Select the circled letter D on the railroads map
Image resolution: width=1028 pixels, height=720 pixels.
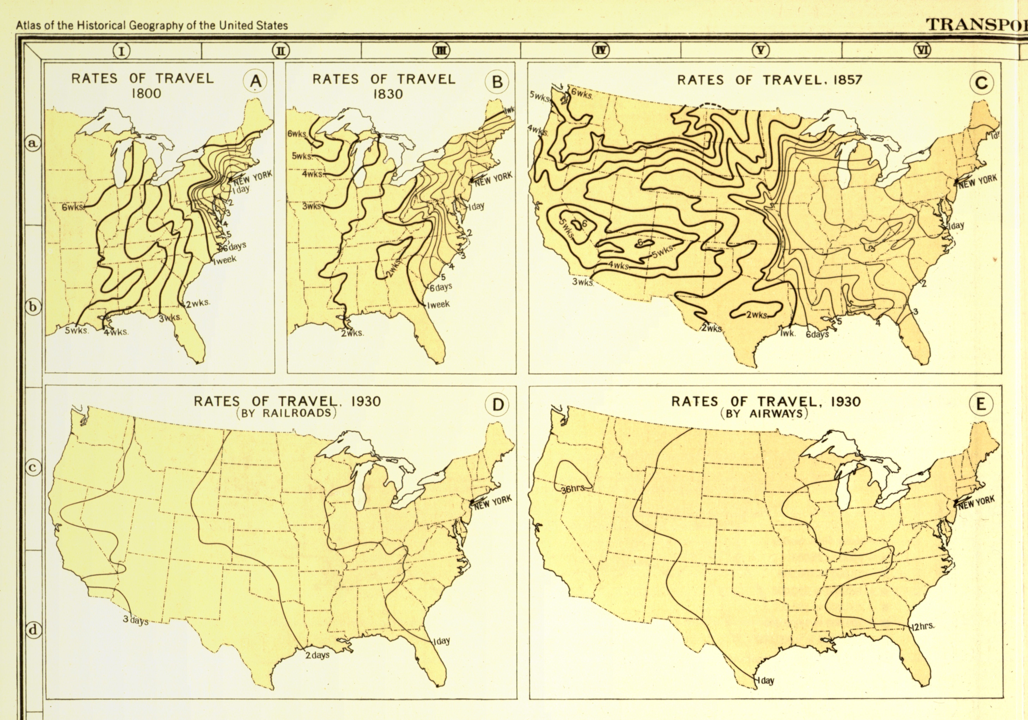497,405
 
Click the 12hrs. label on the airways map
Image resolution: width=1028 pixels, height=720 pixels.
923,626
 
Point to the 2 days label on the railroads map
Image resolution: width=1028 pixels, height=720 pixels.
318,655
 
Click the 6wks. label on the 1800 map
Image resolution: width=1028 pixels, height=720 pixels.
72,208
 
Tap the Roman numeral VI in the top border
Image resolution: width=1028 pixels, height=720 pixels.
922,50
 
